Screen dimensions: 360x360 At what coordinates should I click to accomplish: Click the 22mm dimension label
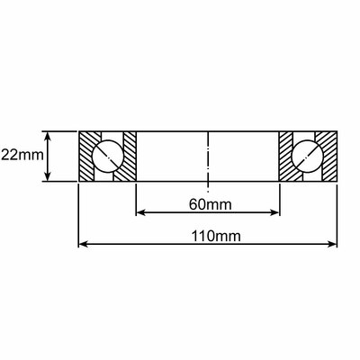coord(22,156)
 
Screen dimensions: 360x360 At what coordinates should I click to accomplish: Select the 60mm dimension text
coord(211,205)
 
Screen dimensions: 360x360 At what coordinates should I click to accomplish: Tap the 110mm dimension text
coord(216,237)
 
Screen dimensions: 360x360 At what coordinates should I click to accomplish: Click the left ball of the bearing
coord(107,157)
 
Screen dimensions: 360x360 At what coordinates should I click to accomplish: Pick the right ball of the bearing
coord(308,157)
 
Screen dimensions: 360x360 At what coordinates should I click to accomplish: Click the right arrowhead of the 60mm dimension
coord(274,212)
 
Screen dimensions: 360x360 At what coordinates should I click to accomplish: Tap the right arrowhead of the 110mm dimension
coord(332,244)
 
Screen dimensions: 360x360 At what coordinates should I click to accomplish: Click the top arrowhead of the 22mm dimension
coord(48,137)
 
